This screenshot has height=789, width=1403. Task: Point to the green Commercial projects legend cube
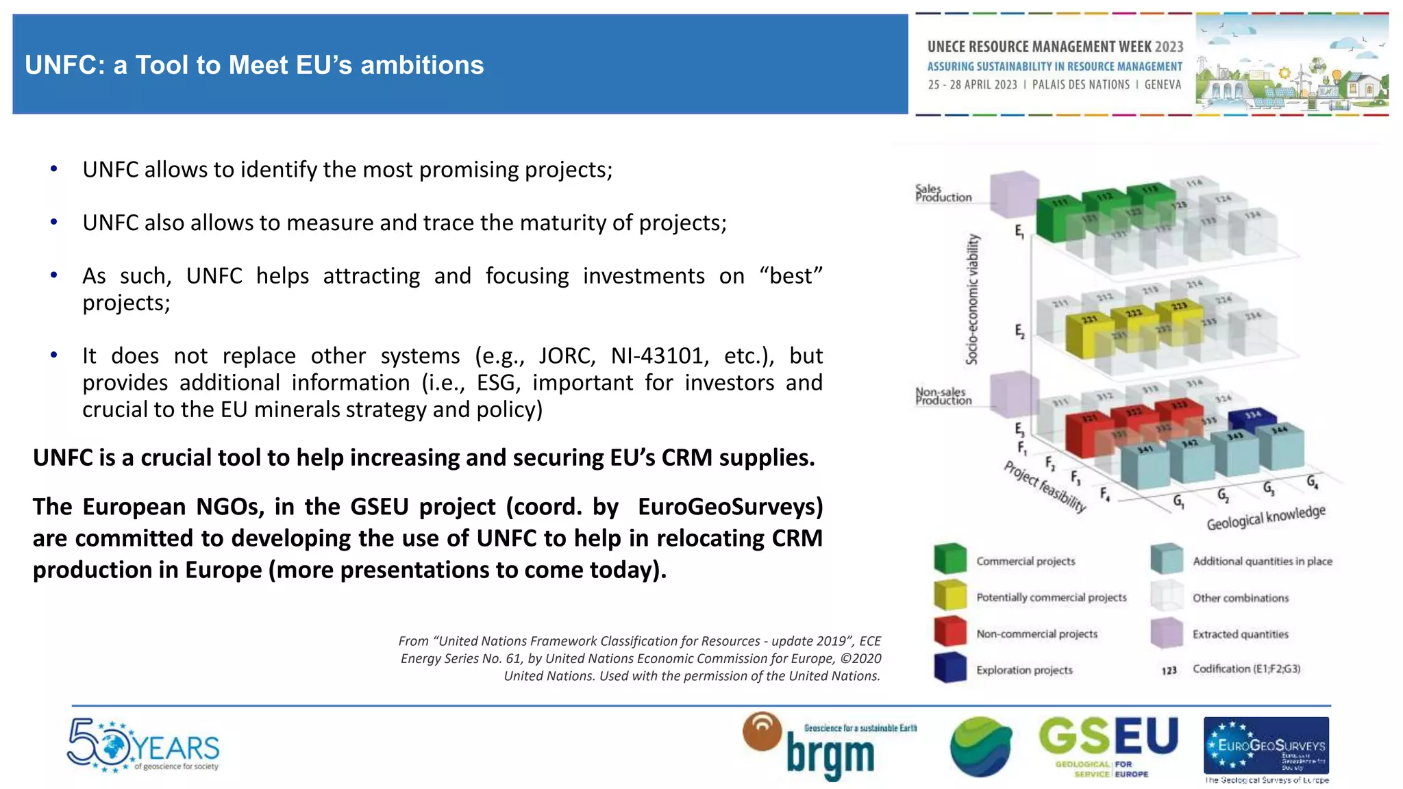coord(950,559)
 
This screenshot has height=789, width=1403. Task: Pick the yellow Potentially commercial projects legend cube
coord(950,595)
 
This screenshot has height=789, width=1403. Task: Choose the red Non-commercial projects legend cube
coord(950,631)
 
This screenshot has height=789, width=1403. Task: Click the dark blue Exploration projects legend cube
coord(950,668)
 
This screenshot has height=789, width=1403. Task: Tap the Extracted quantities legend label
coord(1240,634)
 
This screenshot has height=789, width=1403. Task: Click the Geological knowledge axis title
coord(1265,517)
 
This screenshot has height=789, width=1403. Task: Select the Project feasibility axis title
coord(1045,487)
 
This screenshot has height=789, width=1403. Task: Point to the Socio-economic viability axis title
coord(972,299)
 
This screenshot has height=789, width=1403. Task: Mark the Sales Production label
coord(943,193)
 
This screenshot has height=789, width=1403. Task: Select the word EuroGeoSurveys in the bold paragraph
coord(730,507)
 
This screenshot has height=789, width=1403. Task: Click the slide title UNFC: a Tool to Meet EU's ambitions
coord(254,65)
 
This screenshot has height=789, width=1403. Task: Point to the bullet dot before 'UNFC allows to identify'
coord(53,168)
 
